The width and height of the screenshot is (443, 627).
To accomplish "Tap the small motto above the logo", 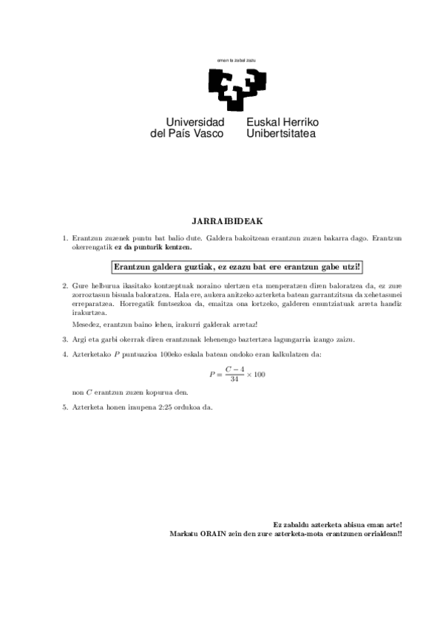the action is [236, 59].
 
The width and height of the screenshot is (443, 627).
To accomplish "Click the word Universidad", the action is [195, 121].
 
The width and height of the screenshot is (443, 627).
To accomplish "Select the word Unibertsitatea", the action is [281, 134].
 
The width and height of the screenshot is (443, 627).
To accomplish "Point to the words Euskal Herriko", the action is [283, 121].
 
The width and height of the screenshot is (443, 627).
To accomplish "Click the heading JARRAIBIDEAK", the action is [222, 220].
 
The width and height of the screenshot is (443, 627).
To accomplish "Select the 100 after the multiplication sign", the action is [259, 374].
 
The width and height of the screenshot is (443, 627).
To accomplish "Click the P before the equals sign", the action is [212, 374].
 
